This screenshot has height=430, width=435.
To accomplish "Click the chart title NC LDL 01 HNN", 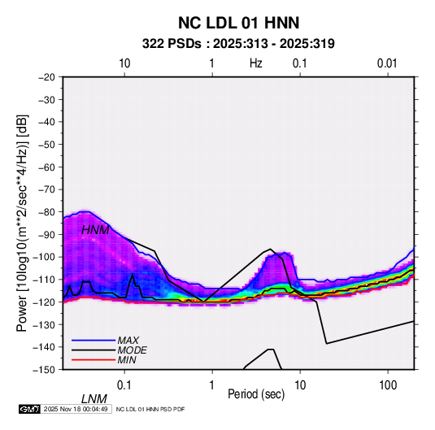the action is pyautogui.click(x=238, y=23).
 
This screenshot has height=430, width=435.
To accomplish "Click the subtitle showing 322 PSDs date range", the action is pyautogui.click(x=238, y=44).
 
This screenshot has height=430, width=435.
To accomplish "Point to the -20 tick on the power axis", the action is pyautogui.click(x=47, y=77).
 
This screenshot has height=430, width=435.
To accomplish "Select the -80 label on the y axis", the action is pyautogui.click(x=47, y=212).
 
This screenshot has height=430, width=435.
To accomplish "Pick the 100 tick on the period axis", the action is pyautogui.click(x=388, y=385).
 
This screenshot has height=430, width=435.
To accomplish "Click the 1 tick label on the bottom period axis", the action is pyautogui.click(x=212, y=385).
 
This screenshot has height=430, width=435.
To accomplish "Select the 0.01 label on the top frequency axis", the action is pyautogui.click(x=387, y=63).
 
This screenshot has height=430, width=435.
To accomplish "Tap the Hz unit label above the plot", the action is pyautogui.click(x=256, y=63).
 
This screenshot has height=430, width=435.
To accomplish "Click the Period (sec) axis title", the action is pyautogui.click(x=256, y=394).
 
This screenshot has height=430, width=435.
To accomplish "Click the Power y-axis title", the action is pyautogui.click(x=22, y=223).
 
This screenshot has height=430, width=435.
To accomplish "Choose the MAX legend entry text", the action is pyautogui.click(x=128, y=340).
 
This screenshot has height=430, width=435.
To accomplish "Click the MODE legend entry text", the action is pyautogui.click(x=132, y=350).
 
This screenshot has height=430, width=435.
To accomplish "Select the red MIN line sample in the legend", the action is pyautogui.click(x=94, y=360).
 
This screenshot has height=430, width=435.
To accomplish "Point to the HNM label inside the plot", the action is pyautogui.click(x=95, y=230).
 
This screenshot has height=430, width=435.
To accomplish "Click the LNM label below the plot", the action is pyautogui.click(x=94, y=399).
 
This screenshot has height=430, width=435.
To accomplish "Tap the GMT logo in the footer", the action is pyautogui.click(x=30, y=409).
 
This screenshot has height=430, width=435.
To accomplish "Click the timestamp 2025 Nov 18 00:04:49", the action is pyautogui.click(x=76, y=409).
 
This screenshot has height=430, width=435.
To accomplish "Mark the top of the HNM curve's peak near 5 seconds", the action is pyautogui.click(x=270, y=249).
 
